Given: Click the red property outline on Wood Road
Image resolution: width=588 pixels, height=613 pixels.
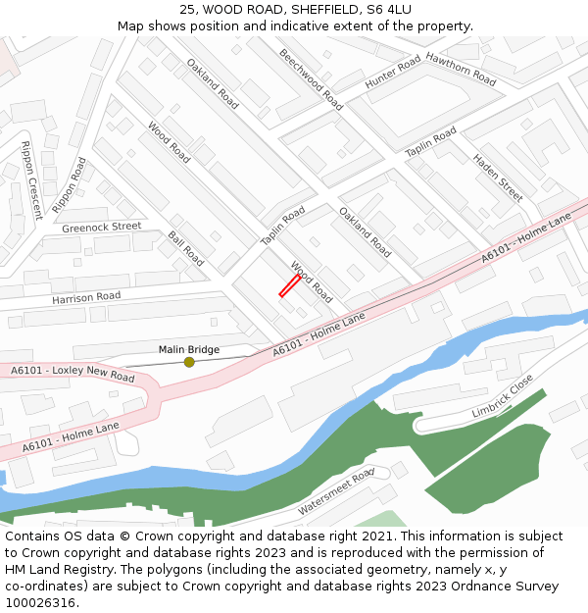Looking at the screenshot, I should [289, 285].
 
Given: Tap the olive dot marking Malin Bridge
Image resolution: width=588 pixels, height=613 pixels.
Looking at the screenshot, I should [189, 362].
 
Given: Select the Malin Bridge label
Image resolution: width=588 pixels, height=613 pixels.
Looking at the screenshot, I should [189, 349].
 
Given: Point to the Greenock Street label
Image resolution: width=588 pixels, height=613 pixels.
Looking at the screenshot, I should [102, 227].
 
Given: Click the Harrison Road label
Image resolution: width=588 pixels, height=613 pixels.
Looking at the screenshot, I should [86, 296].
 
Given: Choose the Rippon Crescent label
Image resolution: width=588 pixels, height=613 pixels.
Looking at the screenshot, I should [31, 180].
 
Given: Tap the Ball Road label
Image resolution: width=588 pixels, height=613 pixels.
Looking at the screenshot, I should [186, 249].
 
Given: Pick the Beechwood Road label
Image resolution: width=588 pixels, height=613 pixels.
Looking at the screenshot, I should [311, 78].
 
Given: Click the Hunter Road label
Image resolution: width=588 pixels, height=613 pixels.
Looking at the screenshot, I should [392, 74].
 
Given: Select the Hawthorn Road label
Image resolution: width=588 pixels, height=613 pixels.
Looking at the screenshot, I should [461, 68].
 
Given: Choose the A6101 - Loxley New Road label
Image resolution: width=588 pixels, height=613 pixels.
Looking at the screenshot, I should [73, 374].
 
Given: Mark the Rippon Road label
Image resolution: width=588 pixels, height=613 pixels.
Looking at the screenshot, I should [69, 185].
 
